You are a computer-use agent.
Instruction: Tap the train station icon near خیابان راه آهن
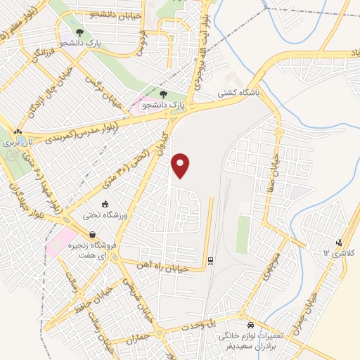pyautogui.click(x=210, y=262)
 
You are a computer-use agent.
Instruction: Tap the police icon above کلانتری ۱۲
pyautogui.click(x=340, y=242)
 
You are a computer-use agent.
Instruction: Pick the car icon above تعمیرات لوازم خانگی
pyautogui.click(x=251, y=326)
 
